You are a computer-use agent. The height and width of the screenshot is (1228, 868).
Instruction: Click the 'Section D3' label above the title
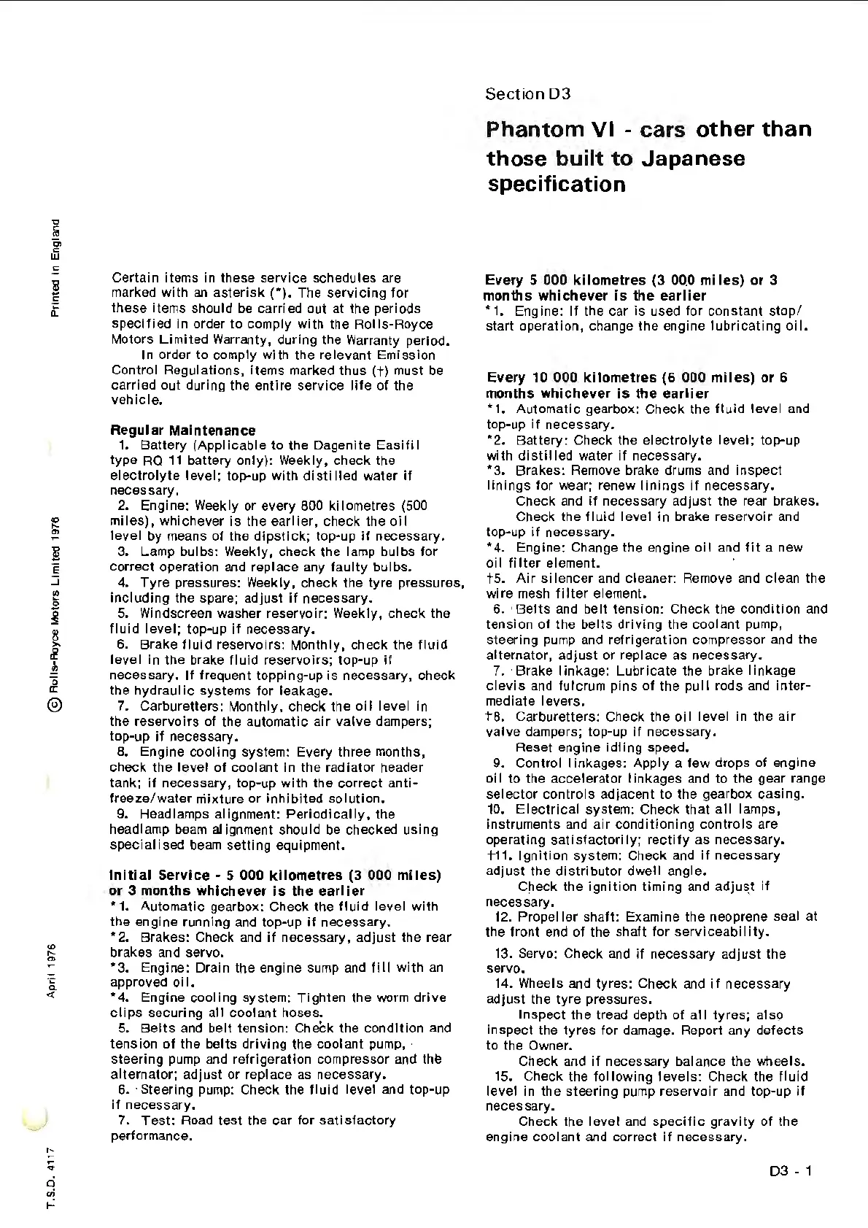point(528,94)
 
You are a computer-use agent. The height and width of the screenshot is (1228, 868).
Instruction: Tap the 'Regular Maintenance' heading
point(183,430)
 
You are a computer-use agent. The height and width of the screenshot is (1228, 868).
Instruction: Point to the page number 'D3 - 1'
point(791,1172)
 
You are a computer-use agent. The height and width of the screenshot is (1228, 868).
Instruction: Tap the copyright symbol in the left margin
point(53,704)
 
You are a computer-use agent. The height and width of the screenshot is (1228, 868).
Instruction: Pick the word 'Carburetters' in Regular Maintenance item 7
point(182,706)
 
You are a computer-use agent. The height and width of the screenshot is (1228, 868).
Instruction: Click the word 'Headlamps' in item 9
point(171,814)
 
